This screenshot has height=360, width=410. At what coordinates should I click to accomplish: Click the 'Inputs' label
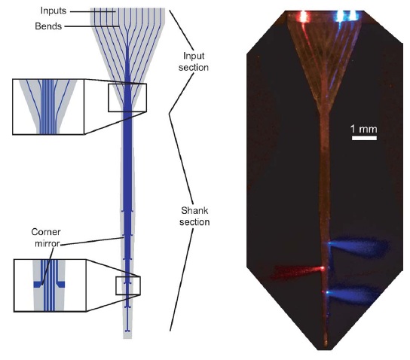click(x=54, y=11)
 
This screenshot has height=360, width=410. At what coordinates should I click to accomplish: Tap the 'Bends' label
click(x=48, y=26)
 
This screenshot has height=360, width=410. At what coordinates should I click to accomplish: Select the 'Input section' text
click(x=194, y=62)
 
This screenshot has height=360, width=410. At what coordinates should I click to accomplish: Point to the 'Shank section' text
click(x=194, y=216)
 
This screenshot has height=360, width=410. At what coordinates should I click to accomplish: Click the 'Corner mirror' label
click(x=46, y=238)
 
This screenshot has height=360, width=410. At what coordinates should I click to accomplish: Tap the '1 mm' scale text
click(x=364, y=129)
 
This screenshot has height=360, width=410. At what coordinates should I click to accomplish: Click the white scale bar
click(x=364, y=138)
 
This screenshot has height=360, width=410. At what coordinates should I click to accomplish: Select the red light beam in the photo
click(x=298, y=271)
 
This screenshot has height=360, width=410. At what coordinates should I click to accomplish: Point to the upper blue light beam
click(x=358, y=247)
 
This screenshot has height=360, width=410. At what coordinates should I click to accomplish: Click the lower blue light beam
click(x=353, y=294)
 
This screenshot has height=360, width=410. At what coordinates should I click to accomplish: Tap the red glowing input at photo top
click(x=303, y=17)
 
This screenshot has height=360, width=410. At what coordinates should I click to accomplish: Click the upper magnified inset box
click(x=48, y=107)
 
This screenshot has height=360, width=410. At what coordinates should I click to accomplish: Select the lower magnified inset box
click(x=50, y=285)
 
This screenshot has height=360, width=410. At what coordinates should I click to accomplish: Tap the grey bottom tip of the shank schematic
click(x=127, y=337)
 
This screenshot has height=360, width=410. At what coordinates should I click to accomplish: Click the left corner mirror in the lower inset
click(x=38, y=284)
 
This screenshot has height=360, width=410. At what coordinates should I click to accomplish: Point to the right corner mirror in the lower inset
click(x=60, y=284)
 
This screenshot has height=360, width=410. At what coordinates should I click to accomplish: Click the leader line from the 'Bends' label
click(x=92, y=26)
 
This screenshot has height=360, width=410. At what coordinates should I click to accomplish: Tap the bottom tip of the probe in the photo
click(x=326, y=346)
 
